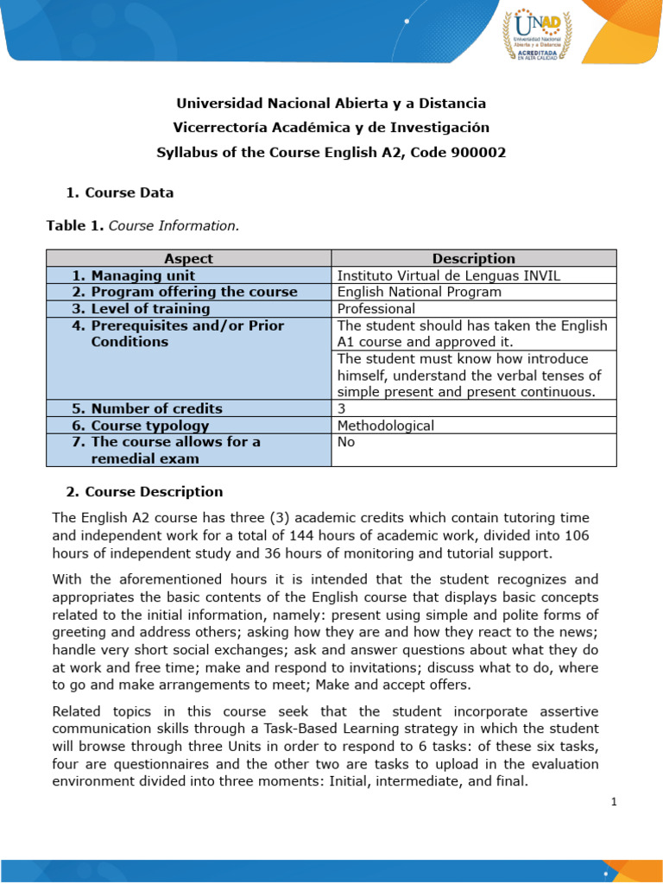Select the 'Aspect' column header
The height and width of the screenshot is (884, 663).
(188, 258)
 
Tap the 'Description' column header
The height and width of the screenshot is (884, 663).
(473, 258)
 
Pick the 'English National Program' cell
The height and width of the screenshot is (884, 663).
(419, 292)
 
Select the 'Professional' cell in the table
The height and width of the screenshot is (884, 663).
(376, 308)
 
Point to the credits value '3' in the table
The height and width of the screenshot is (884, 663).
(341, 408)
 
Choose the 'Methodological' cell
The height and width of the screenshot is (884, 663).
(385, 426)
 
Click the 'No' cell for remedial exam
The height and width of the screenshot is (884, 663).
(346, 442)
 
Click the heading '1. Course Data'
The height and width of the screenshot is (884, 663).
(120, 193)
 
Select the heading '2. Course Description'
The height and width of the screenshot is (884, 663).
(144, 492)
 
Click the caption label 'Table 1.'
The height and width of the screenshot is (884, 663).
(74, 225)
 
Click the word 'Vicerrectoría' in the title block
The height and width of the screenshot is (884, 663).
(218, 128)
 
